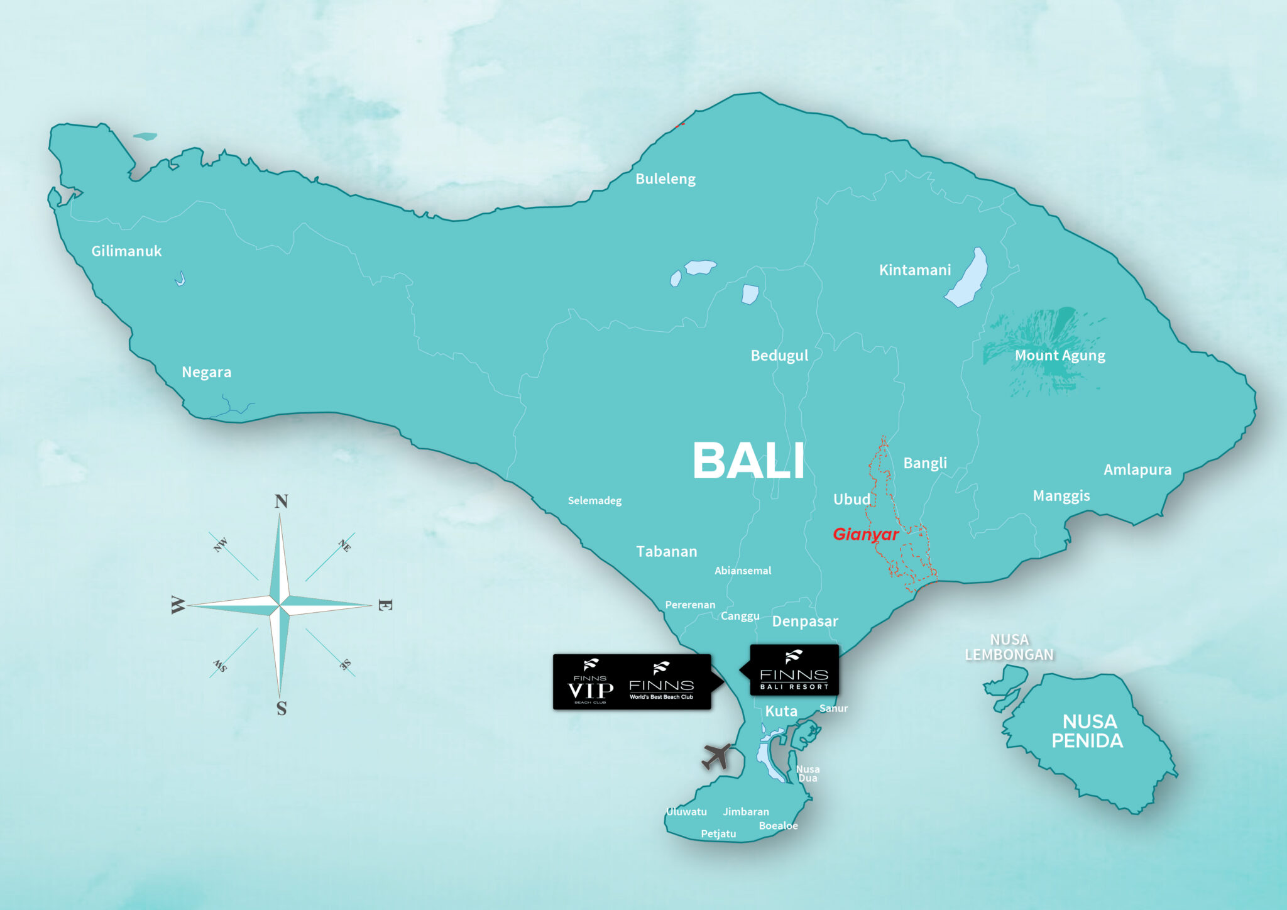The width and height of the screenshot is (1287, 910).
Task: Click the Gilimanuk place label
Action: [126, 251]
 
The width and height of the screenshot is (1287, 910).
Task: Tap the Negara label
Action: [206, 372]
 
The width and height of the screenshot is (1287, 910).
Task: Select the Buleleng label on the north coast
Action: [665, 179]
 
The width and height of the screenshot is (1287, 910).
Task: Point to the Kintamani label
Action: [914, 270]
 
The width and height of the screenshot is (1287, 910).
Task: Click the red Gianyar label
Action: [865, 534]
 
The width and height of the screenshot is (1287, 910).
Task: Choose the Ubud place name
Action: [852, 500]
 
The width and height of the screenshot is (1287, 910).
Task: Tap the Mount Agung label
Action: [1060, 356]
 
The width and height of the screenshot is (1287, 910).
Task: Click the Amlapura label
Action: [1137, 470]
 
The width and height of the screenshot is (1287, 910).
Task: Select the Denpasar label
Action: [804, 622]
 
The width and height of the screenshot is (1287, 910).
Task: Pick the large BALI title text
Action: [748, 461]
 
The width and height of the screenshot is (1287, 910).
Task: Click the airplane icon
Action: [717, 756]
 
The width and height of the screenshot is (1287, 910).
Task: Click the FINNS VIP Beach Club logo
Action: [590, 682]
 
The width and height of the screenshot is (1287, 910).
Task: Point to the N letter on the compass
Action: [281, 502]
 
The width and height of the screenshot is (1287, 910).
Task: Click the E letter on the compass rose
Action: [385, 605]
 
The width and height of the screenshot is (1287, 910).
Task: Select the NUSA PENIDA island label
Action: [1088, 732]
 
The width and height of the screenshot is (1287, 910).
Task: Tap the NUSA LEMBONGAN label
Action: [1009, 647]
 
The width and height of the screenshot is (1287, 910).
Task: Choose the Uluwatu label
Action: [686, 812]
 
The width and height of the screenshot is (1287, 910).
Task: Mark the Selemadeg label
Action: [594, 501]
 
